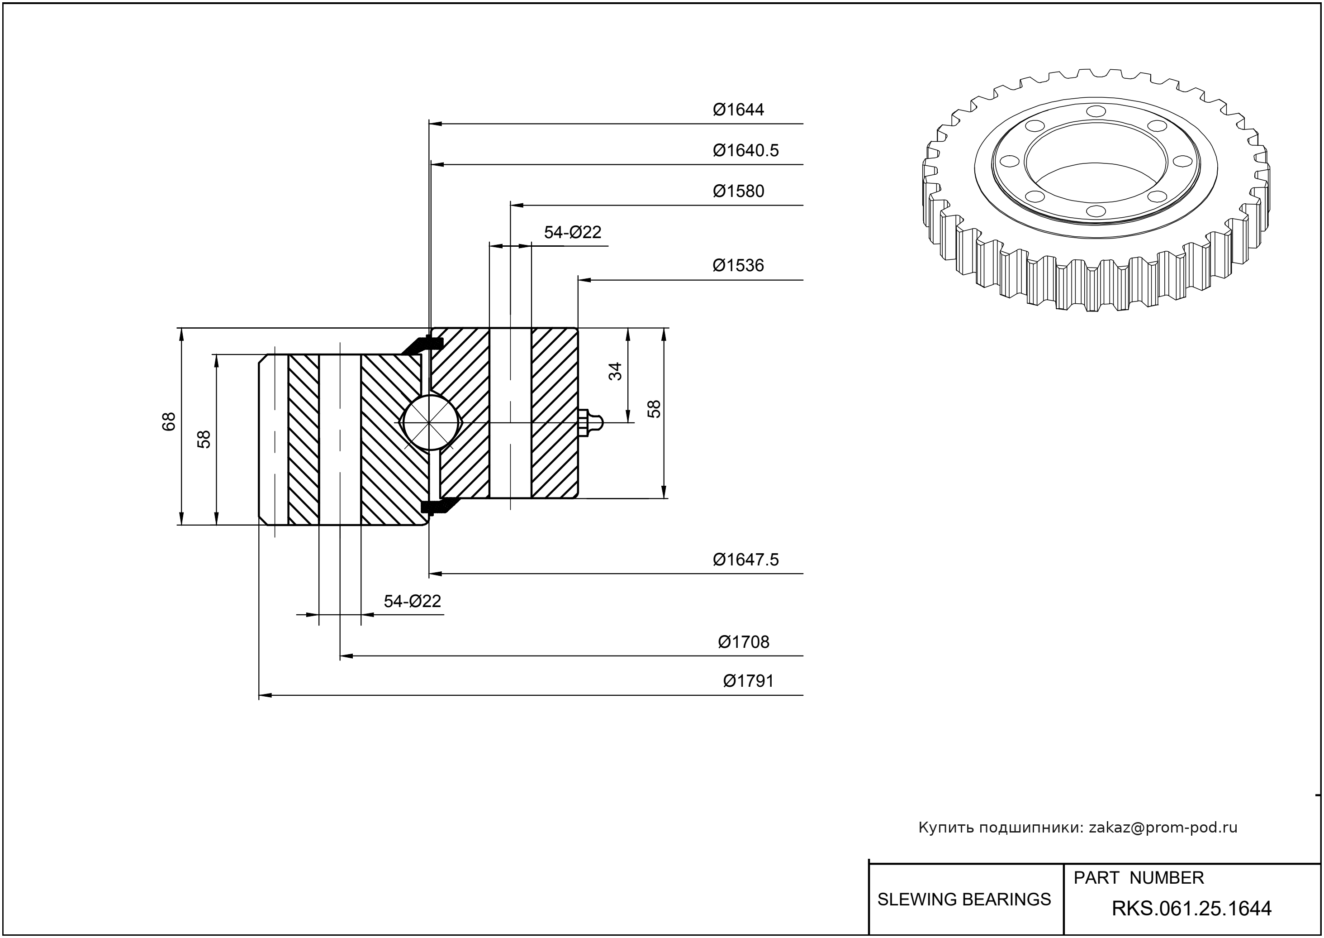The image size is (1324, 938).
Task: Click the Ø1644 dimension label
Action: (x=738, y=110)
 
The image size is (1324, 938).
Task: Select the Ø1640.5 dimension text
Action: (x=746, y=151)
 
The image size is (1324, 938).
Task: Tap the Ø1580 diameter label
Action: (x=738, y=191)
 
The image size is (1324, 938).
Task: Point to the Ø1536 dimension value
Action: (x=738, y=266)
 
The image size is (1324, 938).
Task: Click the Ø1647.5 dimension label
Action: (x=746, y=560)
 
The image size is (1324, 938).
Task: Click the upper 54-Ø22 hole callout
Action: (x=573, y=232)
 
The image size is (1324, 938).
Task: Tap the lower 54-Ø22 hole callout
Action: (x=412, y=602)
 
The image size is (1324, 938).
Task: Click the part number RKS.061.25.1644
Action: (x=1191, y=909)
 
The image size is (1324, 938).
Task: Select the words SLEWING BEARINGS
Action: (x=964, y=900)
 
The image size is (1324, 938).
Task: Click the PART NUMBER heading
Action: (x=1138, y=878)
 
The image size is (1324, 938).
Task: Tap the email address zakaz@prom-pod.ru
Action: (x=1163, y=828)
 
